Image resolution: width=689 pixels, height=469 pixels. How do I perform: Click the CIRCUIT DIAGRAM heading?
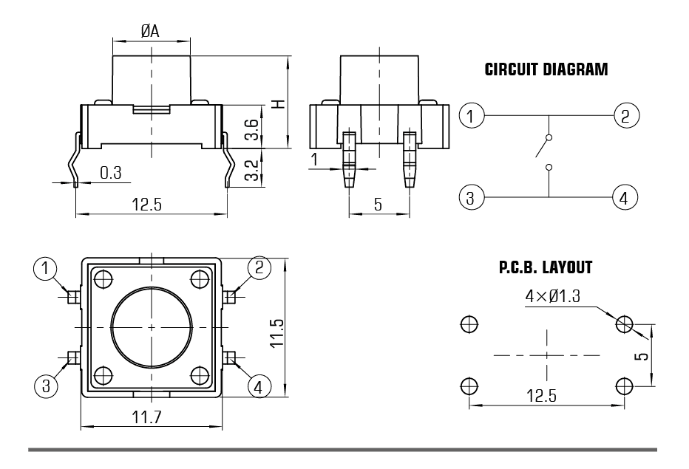(546, 70)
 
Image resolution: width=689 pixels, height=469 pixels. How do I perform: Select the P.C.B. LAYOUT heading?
(546, 267)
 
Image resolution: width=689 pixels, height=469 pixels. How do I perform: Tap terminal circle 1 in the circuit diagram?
(471, 116)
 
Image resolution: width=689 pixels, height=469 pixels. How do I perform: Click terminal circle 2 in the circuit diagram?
(626, 115)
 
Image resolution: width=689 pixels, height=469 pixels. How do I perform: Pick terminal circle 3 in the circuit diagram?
(471, 197)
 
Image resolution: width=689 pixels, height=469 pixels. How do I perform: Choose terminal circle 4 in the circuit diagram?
(625, 197)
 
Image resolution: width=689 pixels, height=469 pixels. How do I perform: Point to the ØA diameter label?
(150, 31)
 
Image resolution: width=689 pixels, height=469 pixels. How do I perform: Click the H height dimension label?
(279, 103)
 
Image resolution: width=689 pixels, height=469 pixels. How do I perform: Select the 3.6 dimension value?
(252, 129)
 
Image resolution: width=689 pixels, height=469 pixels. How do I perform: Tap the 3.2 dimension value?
(252, 170)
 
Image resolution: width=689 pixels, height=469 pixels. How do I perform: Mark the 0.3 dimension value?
(111, 173)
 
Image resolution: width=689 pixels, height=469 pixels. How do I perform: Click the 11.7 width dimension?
(147, 417)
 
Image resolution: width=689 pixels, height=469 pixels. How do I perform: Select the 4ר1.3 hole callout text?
(553, 296)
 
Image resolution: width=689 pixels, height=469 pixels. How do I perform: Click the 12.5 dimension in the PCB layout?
(541, 396)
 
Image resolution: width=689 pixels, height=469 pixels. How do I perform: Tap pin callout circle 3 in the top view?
(46, 386)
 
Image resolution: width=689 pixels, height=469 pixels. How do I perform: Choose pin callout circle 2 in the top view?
(259, 267)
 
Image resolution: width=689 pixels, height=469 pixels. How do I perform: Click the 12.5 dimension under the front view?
(147, 205)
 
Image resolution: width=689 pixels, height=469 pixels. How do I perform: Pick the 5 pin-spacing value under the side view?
(378, 205)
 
